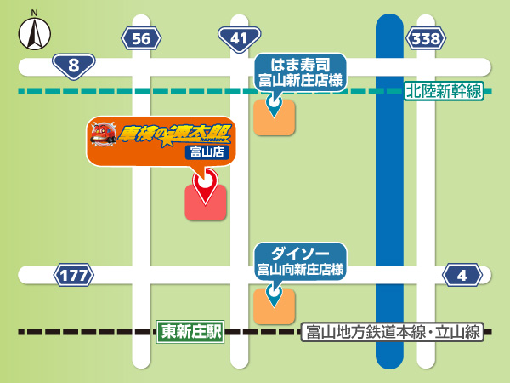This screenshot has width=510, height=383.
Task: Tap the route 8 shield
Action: point(73,65)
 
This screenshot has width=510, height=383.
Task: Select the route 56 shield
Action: point(142,38)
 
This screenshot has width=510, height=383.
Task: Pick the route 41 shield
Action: point(239,38)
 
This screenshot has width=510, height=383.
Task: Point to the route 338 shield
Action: point(425,38)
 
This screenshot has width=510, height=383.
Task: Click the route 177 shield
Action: point(74,275)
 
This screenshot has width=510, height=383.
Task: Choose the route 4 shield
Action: point(462,275)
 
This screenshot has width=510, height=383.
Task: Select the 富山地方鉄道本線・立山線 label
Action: point(392,332)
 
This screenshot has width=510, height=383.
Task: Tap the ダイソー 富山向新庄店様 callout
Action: point(300,260)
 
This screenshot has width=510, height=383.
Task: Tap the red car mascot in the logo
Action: point(105,134)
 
